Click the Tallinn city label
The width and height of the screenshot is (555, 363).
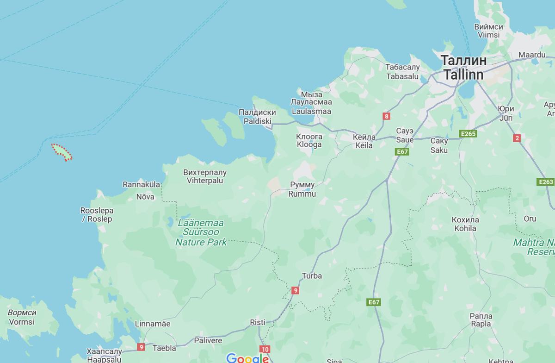[x=463, y=68]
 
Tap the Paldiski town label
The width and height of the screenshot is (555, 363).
[x=257, y=117]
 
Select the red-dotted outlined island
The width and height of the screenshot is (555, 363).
[x=62, y=152]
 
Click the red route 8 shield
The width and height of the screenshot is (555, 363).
[x=387, y=116]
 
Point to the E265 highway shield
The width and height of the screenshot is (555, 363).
[x=468, y=134]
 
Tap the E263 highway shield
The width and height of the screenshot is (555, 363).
[x=546, y=182]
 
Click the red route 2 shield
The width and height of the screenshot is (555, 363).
[x=517, y=138]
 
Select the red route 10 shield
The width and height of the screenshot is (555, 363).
[x=265, y=350]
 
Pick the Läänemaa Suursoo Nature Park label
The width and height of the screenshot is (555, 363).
[x=201, y=232]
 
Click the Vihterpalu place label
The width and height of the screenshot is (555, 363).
[x=205, y=176]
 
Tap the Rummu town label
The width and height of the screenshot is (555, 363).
[x=302, y=189]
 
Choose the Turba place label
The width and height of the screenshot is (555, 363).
[x=312, y=276]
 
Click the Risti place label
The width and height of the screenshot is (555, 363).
[x=258, y=322]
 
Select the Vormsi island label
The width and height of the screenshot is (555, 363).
[x=22, y=317]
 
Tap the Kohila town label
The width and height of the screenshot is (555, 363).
[x=466, y=224]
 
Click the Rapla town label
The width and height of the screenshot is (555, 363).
[x=481, y=320]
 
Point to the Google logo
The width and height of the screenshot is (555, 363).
[x=247, y=358]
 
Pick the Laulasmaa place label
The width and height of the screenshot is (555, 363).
[x=311, y=106]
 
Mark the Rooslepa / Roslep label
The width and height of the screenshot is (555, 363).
[x=97, y=215]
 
